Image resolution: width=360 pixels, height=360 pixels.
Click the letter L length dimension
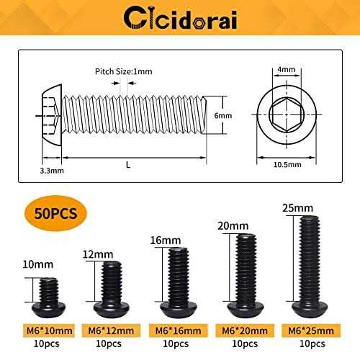pos(128,165)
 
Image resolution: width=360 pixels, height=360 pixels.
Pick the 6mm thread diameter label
pos(223,115)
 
